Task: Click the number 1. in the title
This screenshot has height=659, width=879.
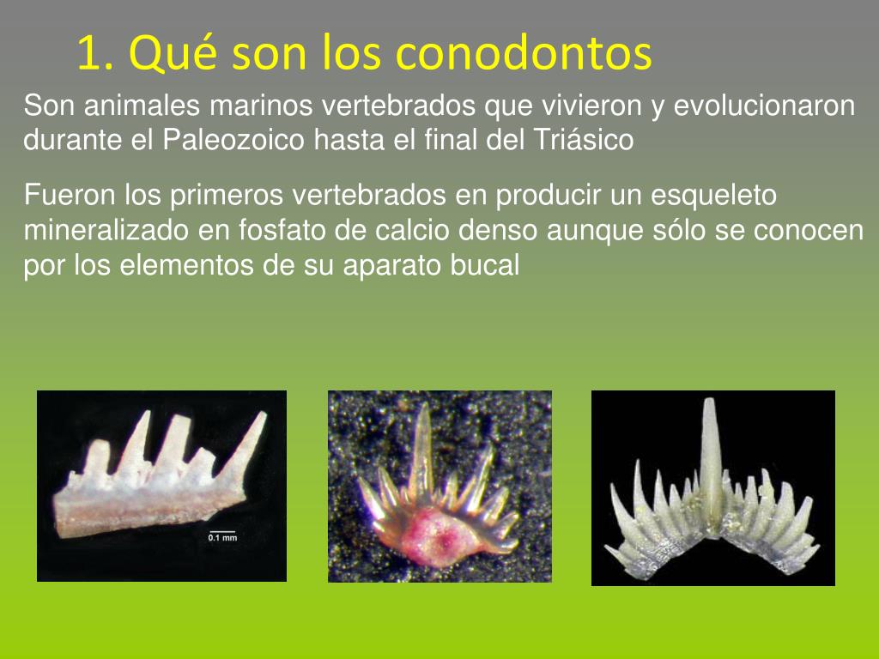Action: tap(95, 53)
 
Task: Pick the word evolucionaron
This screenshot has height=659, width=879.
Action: tap(764, 106)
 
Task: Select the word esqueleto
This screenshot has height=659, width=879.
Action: tap(714, 196)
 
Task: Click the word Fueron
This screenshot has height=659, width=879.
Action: tap(70, 196)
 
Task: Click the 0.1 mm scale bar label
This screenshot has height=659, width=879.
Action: tap(222, 538)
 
